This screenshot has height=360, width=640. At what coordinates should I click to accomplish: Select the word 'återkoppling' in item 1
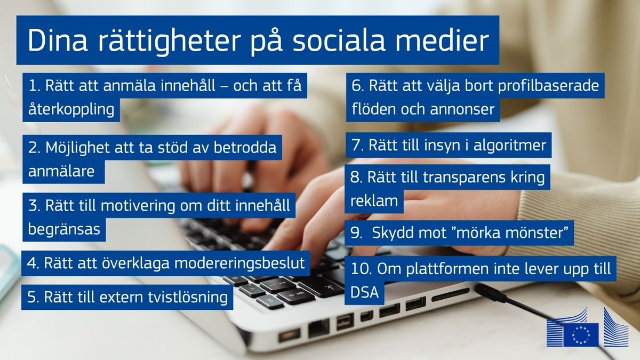70,109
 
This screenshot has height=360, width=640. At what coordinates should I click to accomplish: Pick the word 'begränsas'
63,230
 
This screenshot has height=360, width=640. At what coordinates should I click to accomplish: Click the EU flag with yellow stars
580,334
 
